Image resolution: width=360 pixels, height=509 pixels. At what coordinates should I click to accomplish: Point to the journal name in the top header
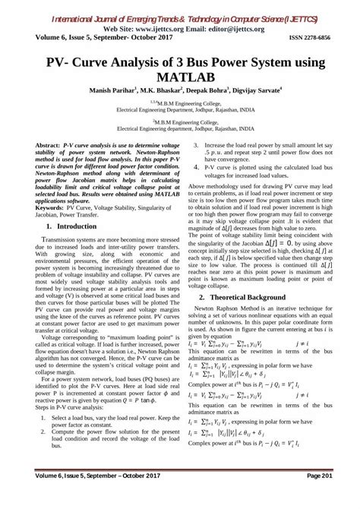(180, 11)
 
